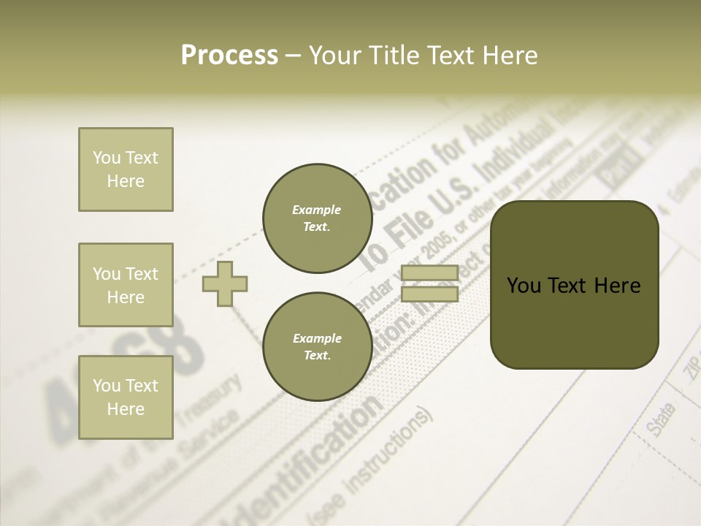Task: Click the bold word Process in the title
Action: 229,55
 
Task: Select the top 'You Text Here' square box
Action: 126,169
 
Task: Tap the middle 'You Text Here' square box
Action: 126,285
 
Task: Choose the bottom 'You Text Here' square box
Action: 126,397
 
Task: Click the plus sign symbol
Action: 225,283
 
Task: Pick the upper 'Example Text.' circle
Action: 317,218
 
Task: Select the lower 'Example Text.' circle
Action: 317,347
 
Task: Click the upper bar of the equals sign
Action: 429,273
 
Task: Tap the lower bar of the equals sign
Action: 429,294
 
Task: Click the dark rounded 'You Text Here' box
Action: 574,285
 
